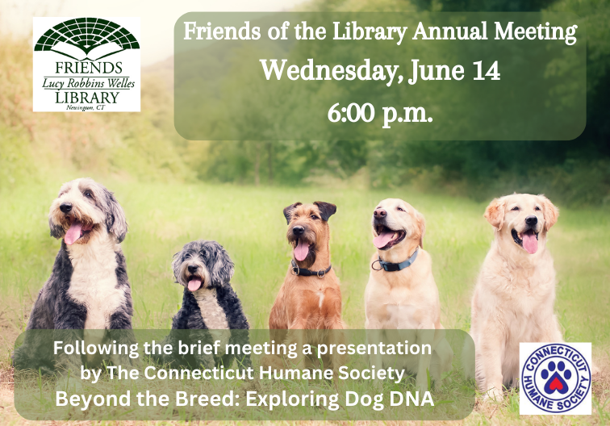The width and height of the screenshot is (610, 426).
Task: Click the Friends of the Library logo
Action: [x=86, y=65]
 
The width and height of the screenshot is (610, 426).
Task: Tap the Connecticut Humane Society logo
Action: [x=555, y=378]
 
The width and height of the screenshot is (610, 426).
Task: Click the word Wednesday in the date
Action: [x=317, y=70]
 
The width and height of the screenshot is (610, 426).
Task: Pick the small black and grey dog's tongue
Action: [x=194, y=283]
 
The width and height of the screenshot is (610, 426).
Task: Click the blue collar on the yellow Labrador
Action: [x=400, y=262]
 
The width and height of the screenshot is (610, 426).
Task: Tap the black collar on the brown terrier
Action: [x=311, y=271]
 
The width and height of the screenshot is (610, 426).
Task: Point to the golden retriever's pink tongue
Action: [x=530, y=243]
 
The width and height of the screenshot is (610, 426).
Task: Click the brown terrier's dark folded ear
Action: [x=325, y=211]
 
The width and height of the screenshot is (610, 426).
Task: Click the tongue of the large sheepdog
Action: [x=73, y=234]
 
